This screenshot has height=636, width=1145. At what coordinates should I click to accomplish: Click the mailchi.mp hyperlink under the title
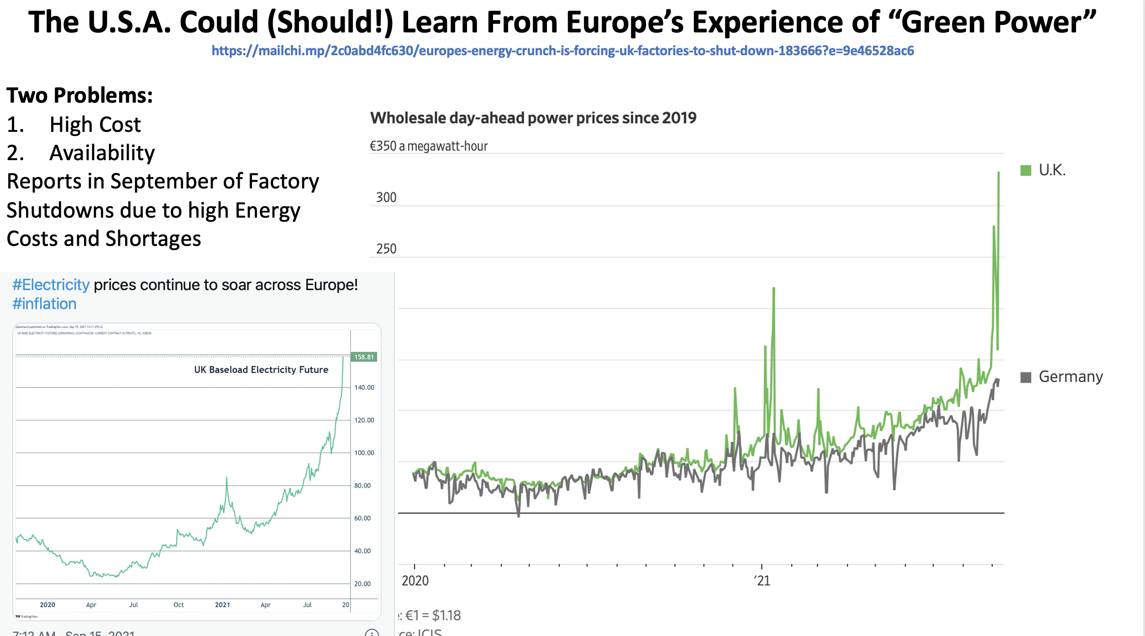[x=562, y=51]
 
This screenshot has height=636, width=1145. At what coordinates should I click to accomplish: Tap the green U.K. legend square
[x=1026, y=171]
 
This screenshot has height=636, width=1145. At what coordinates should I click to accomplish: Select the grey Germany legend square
[x=1026, y=377]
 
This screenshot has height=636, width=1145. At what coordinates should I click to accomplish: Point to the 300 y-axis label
[x=386, y=198]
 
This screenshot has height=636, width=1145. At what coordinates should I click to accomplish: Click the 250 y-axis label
[x=386, y=249]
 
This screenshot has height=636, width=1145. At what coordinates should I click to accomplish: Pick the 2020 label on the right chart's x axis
[x=415, y=581]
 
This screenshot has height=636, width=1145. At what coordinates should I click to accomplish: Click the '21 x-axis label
[x=762, y=581]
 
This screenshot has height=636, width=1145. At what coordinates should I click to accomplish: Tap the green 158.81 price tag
[x=364, y=357]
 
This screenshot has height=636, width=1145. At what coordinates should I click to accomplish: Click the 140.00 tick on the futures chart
[x=364, y=387]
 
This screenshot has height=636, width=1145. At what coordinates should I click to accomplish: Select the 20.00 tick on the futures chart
[x=362, y=584]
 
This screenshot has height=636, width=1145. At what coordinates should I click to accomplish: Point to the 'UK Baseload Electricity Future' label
[x=261, y=370]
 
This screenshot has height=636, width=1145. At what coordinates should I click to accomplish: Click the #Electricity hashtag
[x=51, y=285]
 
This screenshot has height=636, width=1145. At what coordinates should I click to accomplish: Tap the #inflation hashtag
[x=44, y=304]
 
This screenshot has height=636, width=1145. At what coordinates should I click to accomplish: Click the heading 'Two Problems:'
[x=79, y=95]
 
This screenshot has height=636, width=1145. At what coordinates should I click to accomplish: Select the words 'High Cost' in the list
[x=95, y=125]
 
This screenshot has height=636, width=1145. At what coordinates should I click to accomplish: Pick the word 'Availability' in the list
[x=102, y=153]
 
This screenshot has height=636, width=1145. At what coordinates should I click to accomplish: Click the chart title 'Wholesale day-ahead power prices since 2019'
[x=533, y=118]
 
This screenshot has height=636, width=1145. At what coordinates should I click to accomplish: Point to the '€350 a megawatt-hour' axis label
[x=428, y=146]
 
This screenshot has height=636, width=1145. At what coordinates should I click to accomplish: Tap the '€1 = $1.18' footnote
[x=432, y=615]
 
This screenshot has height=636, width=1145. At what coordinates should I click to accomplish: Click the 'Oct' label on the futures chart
[x=179, y=605]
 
